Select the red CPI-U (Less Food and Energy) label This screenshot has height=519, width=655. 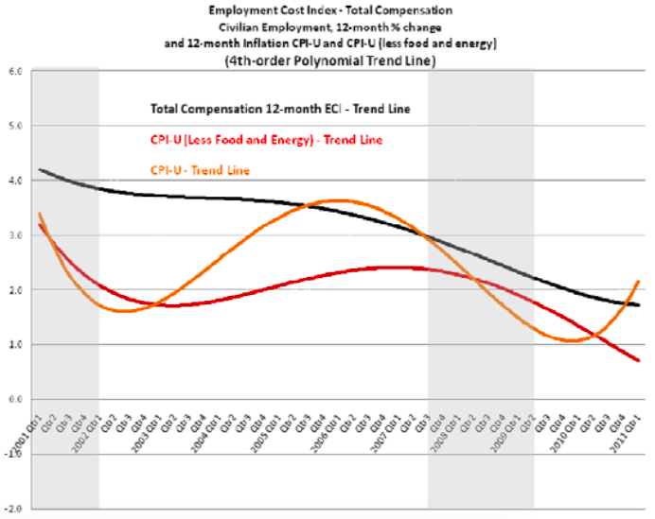pos(252,139)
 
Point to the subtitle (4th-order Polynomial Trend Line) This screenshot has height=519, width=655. pos(328,59)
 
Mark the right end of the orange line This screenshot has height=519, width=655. pos(640,281)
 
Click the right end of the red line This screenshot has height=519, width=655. pos(640,360)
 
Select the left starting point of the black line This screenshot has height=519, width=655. pos(39,170)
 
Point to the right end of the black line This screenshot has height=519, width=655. pos(640,305)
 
